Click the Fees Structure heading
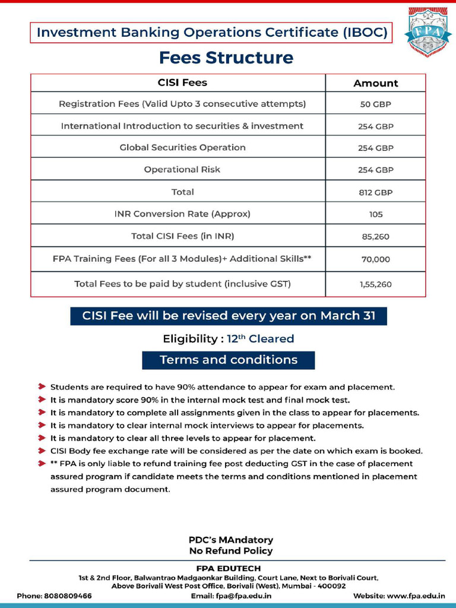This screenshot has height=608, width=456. (226, 58)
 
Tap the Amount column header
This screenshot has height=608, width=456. (375, 83)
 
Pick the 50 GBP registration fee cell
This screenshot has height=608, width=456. (375, 104)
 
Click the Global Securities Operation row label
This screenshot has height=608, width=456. (182, 147)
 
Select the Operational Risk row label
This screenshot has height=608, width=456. (182, 169)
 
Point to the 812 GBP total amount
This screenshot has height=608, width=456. (375, 192)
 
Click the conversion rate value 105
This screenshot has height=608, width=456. (375, 214)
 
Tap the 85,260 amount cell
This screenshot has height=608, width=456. (375, 236)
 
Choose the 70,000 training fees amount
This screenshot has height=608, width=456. (375, 259)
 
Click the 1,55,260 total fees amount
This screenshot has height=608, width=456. (375, 284)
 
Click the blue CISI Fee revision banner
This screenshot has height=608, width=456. (229, 316)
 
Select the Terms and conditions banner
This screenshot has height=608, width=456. (229, 360)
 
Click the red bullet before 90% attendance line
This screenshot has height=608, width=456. (42, 387)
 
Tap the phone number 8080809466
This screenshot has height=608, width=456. (68, 596)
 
